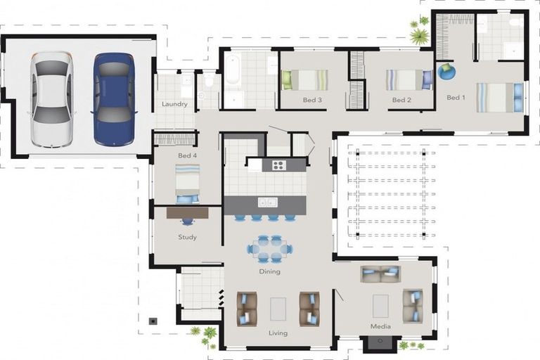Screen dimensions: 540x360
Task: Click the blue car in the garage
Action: pyautogui.click(x=114, y=98)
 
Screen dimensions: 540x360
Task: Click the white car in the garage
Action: pyautogui.click(x=52, y=99)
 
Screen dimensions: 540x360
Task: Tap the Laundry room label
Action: pyautogui.click(x=174, y=104)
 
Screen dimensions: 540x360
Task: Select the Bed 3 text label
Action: pyautogui.click(x=312, y=100)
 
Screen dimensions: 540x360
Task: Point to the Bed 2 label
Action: pyautogui.click(x=401, y=100)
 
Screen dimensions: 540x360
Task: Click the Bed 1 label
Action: pyautogui.click(x=456, y=98)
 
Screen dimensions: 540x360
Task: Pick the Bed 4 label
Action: pyautogui.click(x=187, y=155)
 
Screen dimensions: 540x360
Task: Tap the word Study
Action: pyautogui.click(x=187, y=237)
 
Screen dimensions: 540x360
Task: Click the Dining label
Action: pyautogui.click(x=270, y=271)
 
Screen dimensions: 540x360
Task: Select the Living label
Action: pyautogui.click(x=278, y=333)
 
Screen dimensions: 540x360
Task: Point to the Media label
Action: pyautogui.click(x=380, y=326)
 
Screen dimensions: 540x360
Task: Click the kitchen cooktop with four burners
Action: pyautogui.click(x=279, y=165)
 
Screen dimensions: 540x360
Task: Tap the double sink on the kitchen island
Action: pyautogui.click(x=268, y=202)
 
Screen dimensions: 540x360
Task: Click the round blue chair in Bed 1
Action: pyautogui.click(x=446, y=72)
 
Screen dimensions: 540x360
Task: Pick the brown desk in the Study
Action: pyautogui.click(x=187, y=213)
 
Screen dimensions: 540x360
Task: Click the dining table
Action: pyautogui.click(x=270, y=249)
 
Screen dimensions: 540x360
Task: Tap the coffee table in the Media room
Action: pyautogui.click(x=380, y=306)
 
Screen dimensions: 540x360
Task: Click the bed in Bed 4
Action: pyautogui.click(x=187, y=184)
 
